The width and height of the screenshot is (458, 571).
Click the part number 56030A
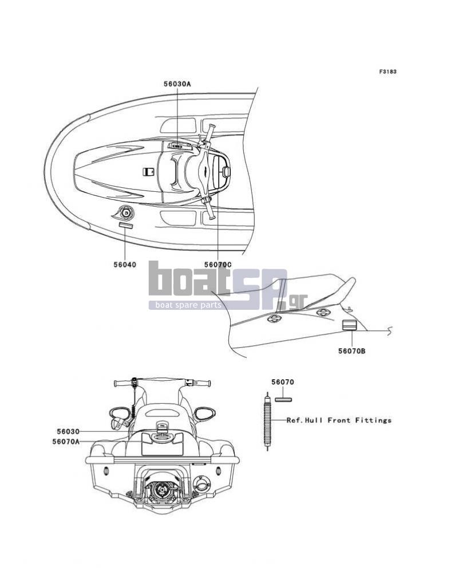click(x=177, y=84)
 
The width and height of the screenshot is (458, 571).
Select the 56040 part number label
click(x=125, y=265)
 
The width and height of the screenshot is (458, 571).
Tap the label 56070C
click(x=218, y=265)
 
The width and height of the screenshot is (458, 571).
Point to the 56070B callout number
click(x=352, y=351)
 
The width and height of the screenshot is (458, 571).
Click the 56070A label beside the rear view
click(x=66, y=442)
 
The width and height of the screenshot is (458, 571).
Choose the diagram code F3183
click(x=388, y=72)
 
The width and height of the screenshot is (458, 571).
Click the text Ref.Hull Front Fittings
click(x=339, y=420)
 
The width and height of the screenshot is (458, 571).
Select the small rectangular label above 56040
click(x=125, y=226)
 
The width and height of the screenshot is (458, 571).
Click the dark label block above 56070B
click(x=349, y=325)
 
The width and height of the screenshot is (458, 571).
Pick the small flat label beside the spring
click(x=283, y=400)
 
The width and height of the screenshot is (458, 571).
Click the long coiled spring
click(x=267, y=421)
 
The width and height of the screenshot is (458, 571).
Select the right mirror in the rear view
click(x=204, y=414)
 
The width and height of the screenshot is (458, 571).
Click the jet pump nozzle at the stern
click(x=160, y=489)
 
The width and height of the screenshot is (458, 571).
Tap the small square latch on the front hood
click(x=148, y=171)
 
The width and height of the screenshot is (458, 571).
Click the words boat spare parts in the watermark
click(x=188, y=305)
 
